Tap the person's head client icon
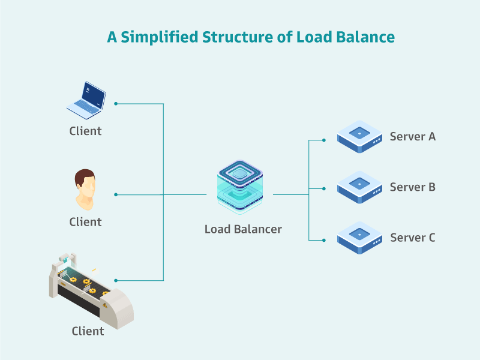pos(85,189)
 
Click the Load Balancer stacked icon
pos(240,187)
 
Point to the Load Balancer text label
pos(243,229)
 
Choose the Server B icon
pos(359,187)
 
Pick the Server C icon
pos(359,238)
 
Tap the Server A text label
pos(413,137)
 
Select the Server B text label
pos(413,187)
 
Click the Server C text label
pos(413,238)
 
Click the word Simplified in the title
pos(160,37)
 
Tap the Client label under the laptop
pos(85,131)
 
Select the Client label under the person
pos(85,222)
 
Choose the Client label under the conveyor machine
pos(88,331)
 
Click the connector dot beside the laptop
pos(116,103)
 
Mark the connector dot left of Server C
pos(324,240)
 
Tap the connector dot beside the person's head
pos(116,194)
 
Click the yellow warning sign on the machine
pos(105,305)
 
